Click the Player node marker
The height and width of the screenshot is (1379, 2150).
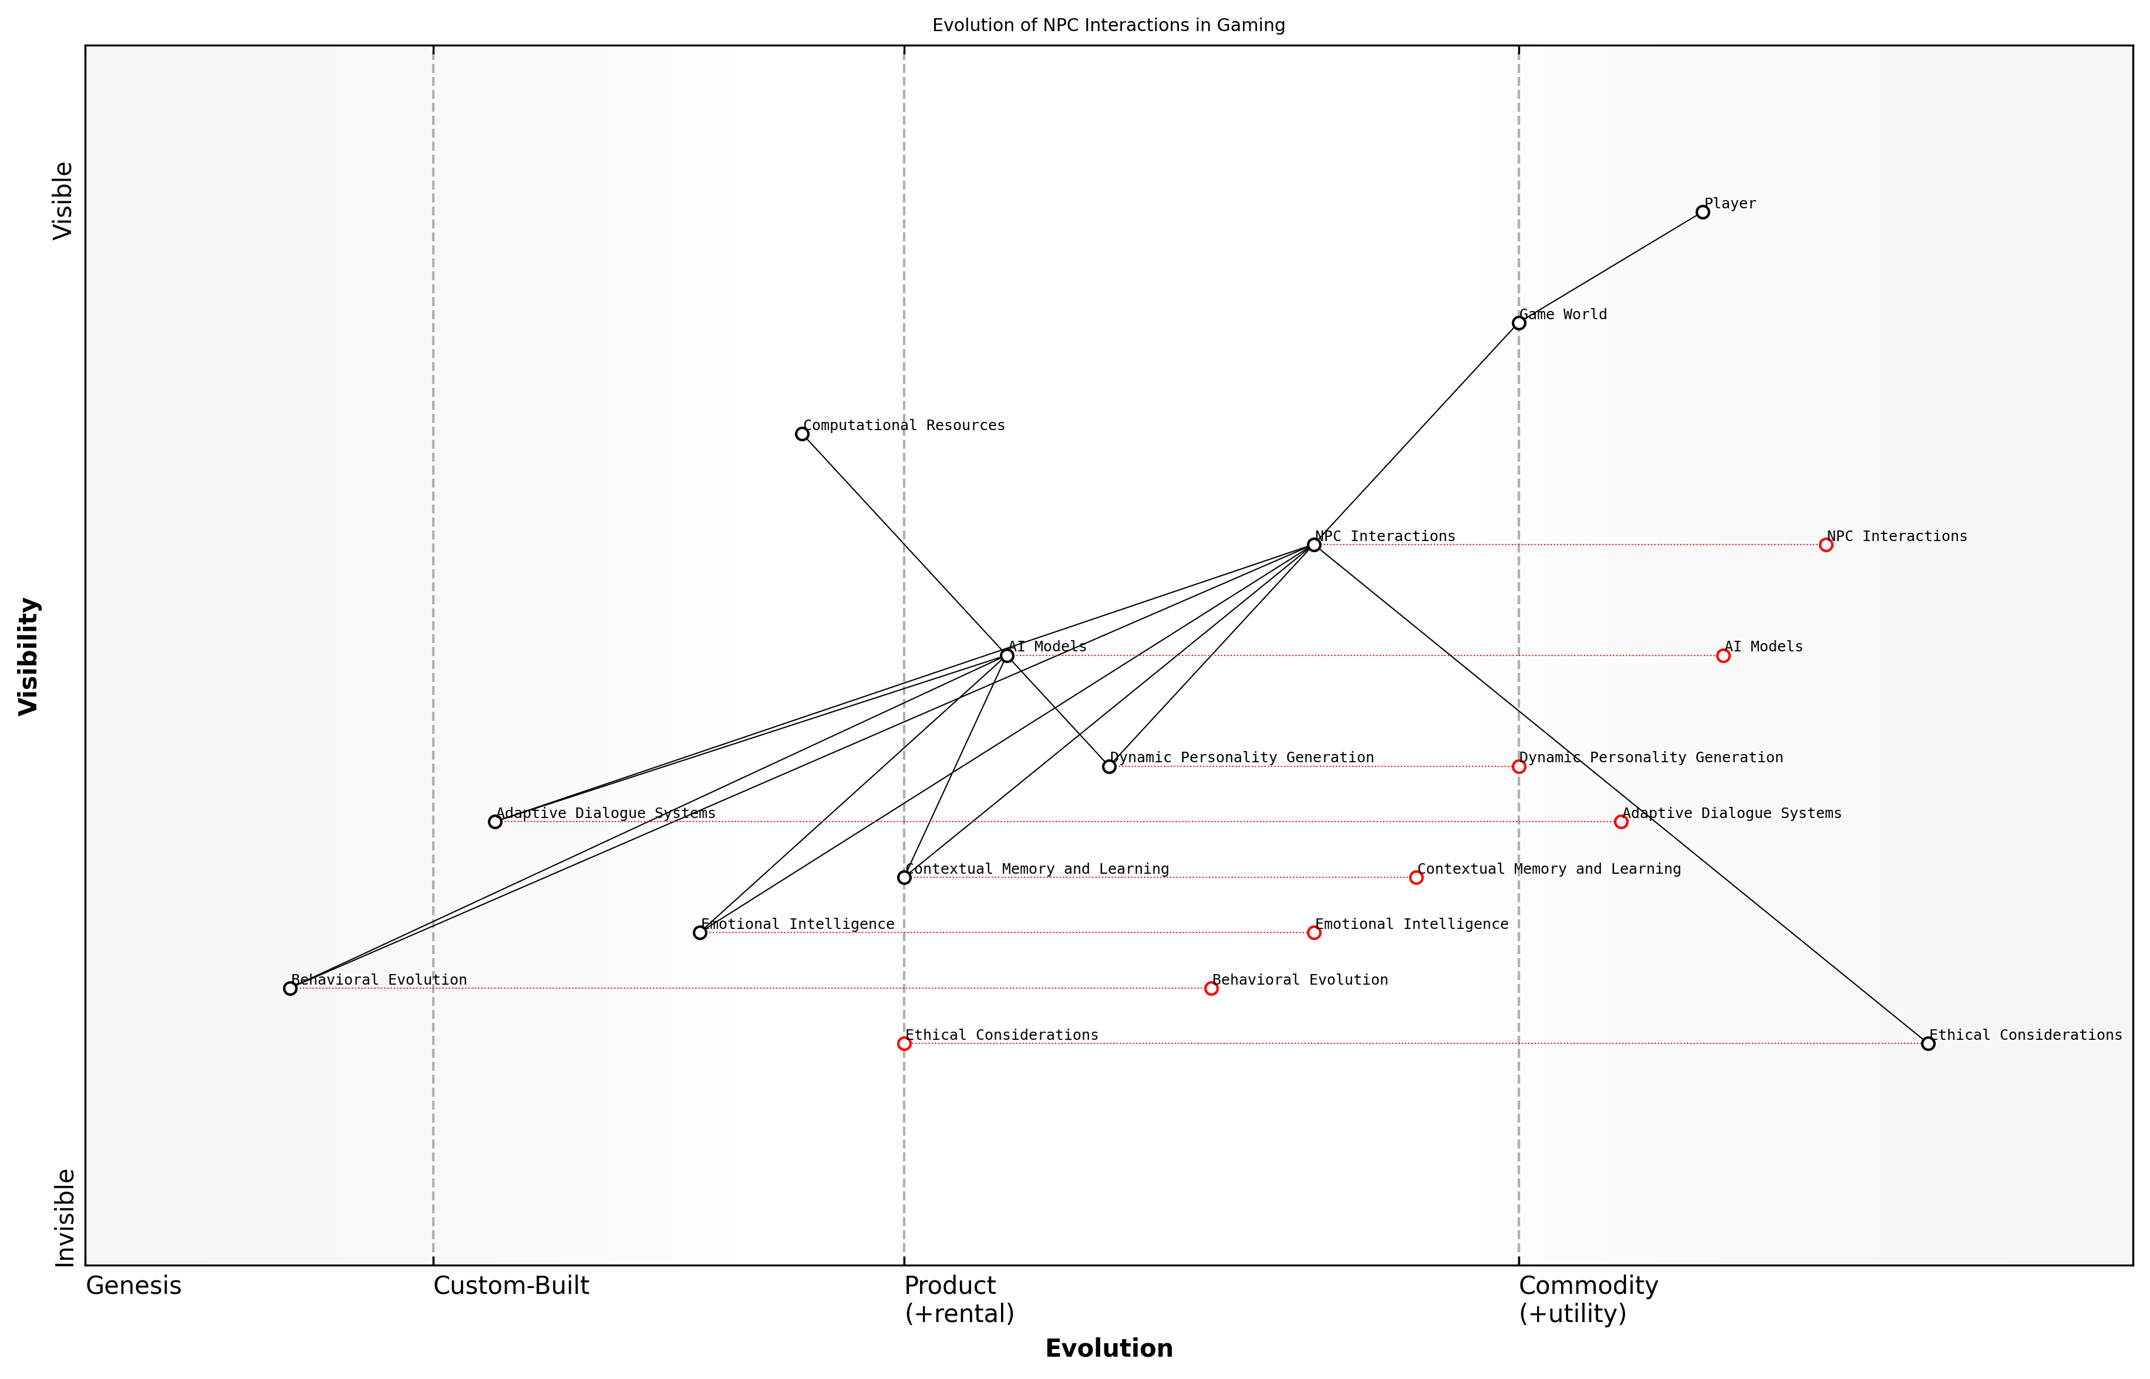(x=1702, y=212)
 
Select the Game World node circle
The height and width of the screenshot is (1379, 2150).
(x=1518, y=323)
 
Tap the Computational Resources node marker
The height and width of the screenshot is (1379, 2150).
(x=802, y=434)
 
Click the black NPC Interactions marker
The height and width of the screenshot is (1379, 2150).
(x=1313, y=545)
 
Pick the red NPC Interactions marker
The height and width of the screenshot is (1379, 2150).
(x=1826, y=545)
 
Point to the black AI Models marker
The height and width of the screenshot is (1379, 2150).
(x=1007, y=655)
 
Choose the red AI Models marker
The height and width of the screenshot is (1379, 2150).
(x=1723, y=655)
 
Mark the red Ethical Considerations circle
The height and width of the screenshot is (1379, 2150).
(x=904, y=1043)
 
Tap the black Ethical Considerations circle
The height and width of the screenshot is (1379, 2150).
(x=1928, y=1043)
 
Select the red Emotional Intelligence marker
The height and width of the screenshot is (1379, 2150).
(x=1313, y=933)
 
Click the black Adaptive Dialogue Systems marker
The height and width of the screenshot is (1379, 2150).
(x=494, y=821)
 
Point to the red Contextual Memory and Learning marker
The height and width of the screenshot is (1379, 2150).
(x=1416, y=877)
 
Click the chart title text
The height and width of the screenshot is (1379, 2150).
(x=1108, y=25)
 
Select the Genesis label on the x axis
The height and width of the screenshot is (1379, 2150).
(x=133, y=1286)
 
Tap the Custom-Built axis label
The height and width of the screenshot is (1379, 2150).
(x=511, y=1286)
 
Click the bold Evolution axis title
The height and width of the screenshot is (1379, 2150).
(x=1108, y=1348)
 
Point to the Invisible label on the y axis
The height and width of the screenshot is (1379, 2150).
(x=65, y=1217)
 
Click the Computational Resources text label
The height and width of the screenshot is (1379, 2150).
(x=904, y=425)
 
